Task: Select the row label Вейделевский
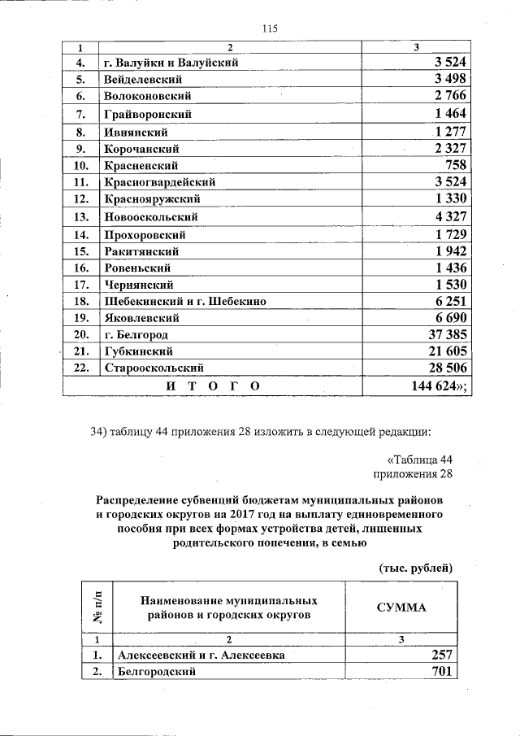coord(142,80)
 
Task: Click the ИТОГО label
coord(213,386)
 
